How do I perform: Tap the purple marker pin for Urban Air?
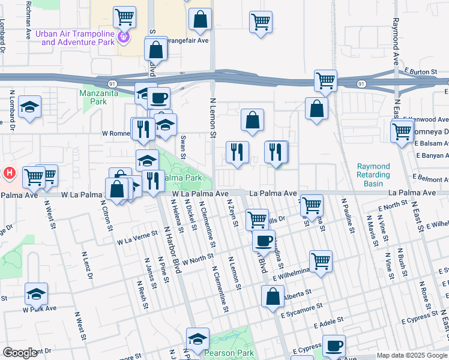point(124,38)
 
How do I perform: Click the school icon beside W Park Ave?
point(36,294)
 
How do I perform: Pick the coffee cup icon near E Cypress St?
point(334,346)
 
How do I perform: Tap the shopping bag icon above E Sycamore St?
point(273,296)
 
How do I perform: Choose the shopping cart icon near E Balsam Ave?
point(401,131)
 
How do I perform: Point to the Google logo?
point(20,353)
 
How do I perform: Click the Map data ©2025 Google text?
point(411,355)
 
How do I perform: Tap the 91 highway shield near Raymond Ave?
point(360,84)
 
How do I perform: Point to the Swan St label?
point(183,147)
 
